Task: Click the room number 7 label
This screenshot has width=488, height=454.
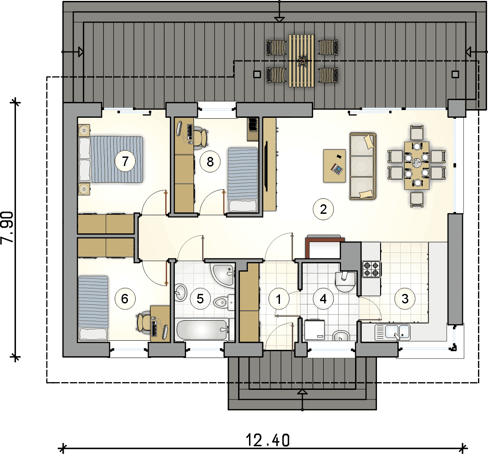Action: (125, 161)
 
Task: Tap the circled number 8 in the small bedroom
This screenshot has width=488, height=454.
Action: (210, 161)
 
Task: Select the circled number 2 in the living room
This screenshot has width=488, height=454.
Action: (323, 209)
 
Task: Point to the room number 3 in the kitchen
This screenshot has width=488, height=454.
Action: (405, 298)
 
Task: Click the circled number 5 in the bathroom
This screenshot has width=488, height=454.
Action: (200, 299)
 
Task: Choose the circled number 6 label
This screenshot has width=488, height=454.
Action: (125, 299)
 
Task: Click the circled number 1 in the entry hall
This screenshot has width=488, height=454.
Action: (279, 299)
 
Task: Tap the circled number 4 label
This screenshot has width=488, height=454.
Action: (323, 299)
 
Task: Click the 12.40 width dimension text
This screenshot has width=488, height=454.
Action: (268, 440)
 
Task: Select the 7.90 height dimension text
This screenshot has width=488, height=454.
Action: (7, 227)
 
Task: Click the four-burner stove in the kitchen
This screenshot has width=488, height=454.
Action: (371, 269)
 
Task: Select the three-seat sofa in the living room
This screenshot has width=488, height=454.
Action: (363, 166)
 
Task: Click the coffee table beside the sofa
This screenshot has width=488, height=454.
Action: (335, 166)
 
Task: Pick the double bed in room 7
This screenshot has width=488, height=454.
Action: (111, 159)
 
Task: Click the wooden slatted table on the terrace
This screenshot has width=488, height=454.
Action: (301, 61)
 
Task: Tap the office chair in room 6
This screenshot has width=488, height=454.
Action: (142, 323)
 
